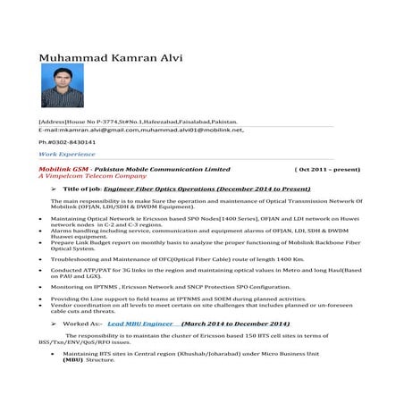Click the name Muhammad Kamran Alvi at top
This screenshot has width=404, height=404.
pyautogui.click(x=111, y=59)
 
